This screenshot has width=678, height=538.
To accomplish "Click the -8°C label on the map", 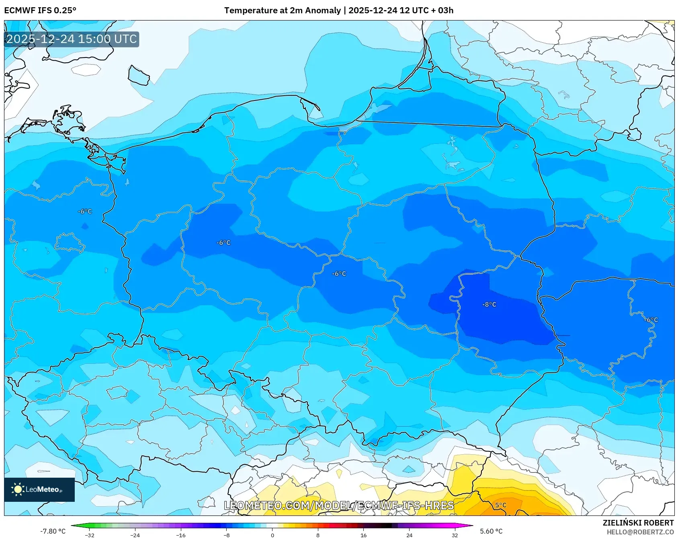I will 489,304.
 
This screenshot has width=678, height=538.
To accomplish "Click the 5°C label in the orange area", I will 500,505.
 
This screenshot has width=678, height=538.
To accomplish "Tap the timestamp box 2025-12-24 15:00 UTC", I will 72,39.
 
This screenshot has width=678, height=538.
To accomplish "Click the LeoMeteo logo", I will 39,489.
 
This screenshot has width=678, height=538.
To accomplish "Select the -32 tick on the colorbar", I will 90,535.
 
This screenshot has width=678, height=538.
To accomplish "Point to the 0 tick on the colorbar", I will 272,535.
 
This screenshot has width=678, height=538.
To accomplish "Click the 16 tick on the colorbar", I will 363,535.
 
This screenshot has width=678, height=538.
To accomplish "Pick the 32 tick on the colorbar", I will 455,535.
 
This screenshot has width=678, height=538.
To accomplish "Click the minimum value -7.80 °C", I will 53,531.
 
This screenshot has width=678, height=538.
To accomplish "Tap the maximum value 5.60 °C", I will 491,531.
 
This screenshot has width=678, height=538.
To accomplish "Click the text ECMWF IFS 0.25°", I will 40,10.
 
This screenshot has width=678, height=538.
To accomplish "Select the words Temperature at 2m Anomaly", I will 282,10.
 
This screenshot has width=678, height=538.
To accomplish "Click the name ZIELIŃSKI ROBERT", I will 638,523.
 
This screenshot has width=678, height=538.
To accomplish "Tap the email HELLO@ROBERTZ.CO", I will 640,532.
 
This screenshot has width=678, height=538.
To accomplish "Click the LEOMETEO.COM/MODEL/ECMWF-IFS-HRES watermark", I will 339,505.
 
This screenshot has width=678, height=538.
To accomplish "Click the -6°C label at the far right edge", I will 651,320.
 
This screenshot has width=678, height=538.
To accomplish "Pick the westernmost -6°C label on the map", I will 85,211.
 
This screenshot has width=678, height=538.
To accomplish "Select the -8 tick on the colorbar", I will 227,535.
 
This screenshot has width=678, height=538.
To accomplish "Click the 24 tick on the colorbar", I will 409,535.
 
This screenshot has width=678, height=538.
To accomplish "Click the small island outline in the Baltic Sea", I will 139,75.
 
